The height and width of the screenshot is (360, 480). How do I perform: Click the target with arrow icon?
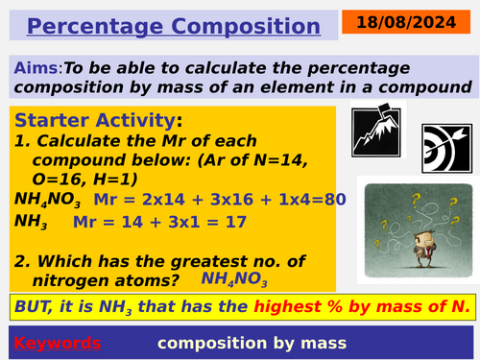[444, 143]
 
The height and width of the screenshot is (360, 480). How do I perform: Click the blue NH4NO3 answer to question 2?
[234, 279]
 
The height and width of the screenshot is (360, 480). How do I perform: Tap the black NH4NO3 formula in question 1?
[48, 201]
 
